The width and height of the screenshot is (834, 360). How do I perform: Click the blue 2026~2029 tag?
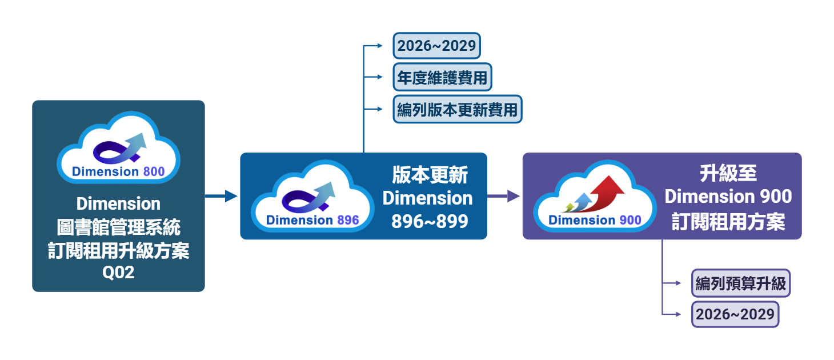point(437,46)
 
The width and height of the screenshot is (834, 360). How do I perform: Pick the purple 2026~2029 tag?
point(735,314)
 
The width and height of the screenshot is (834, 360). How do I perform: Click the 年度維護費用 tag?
point(442,77)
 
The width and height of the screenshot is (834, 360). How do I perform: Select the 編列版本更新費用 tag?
point(457,109)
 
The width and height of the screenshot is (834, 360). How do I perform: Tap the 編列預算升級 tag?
point(740,283)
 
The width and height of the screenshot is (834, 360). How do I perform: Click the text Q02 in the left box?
point(118,273)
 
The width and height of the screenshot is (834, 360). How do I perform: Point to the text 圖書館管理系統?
point(118,227)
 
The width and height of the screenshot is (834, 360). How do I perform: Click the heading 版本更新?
point(430,175)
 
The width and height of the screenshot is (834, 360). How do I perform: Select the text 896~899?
point(430,221)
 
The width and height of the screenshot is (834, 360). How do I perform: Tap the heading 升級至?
point(728,174)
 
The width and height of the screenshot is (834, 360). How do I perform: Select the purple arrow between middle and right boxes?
point(504,196)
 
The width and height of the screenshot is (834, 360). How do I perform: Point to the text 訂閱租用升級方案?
point(118,250)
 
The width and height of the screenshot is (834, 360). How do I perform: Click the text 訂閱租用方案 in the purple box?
point(728,222)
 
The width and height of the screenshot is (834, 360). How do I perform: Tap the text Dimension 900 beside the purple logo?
point(728,197)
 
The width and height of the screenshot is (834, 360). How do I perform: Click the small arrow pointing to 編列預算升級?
point(673,283)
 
